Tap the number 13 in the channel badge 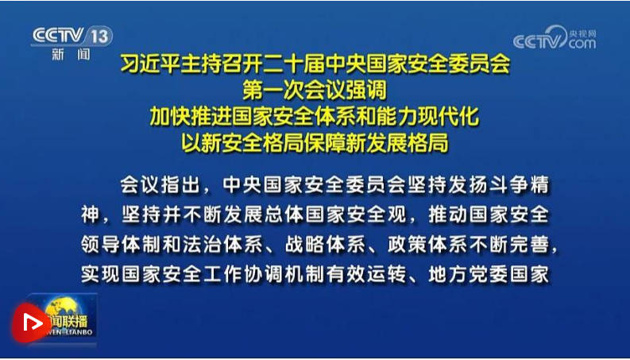tap(99, 37)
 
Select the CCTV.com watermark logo tap(555, 38)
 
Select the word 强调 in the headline tap(366, 90)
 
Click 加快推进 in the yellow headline tap(191, 117)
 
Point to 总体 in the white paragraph tap(284, 215)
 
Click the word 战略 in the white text tap(304, 245)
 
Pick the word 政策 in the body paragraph tap(407, 245)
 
